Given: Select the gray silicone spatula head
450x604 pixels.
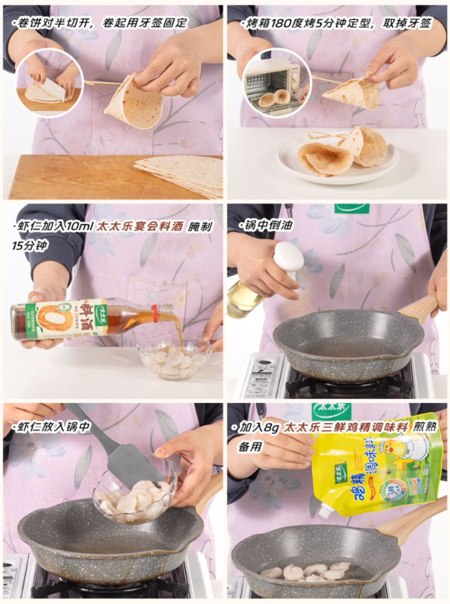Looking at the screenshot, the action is click(x=140, y=465).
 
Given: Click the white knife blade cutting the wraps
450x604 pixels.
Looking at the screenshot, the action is click(x=52, y=90).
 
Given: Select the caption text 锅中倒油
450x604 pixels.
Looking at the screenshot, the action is click(x=267, y=225).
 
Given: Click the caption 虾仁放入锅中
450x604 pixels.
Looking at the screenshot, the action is click(x=52, y=427).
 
